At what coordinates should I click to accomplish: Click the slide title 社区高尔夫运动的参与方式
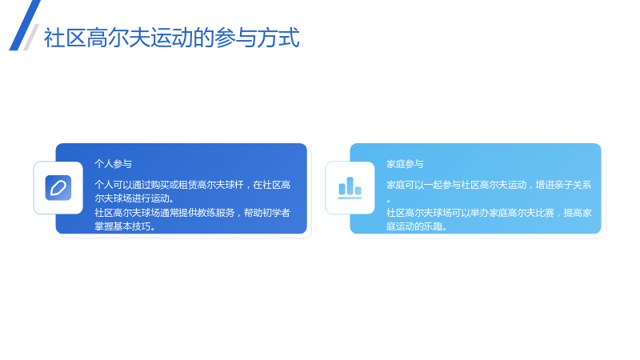click(x=172, y=38)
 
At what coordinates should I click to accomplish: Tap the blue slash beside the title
click(x=25, y=26)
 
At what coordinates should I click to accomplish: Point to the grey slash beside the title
click(x=31, y=37)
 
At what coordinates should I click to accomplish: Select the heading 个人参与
click(x=114, y=164)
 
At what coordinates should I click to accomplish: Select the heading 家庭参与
click(x=406, y=164)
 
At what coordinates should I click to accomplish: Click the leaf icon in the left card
click(x=58, y=188)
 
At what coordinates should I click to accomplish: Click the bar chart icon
click(x=350, y=188)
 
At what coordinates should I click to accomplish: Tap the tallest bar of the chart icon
click(x=350, y=186)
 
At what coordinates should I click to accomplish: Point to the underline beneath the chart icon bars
click(x=350, y=198)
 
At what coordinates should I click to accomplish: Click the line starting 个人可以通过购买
click(x=193, y=185)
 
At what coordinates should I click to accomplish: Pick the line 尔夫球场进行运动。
click(x=134, y=198)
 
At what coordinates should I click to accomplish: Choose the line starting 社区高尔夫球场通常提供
click(x=193, y=213)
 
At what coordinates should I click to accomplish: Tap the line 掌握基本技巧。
click(x=126, y=226)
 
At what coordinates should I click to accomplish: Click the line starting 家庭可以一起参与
click(x=489, y=185)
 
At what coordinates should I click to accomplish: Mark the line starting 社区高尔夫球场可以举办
click(x=489, y=213)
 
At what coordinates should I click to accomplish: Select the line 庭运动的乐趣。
click(x=417, y=226)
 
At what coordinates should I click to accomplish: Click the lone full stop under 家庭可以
click(x=389, y=201)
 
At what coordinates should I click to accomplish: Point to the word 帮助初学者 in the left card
click(x=267, y=213)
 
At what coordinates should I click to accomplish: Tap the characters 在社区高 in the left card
click(x=272, y=185)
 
